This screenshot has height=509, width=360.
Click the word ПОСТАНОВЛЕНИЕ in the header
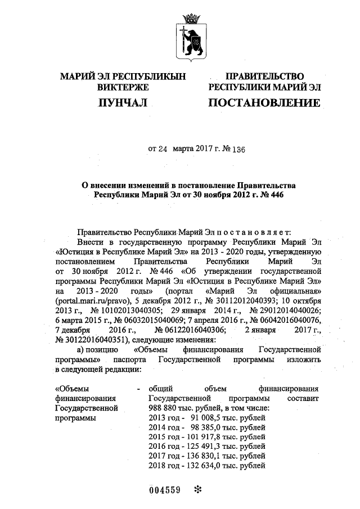pyautogui.click(x=264, y=103)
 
